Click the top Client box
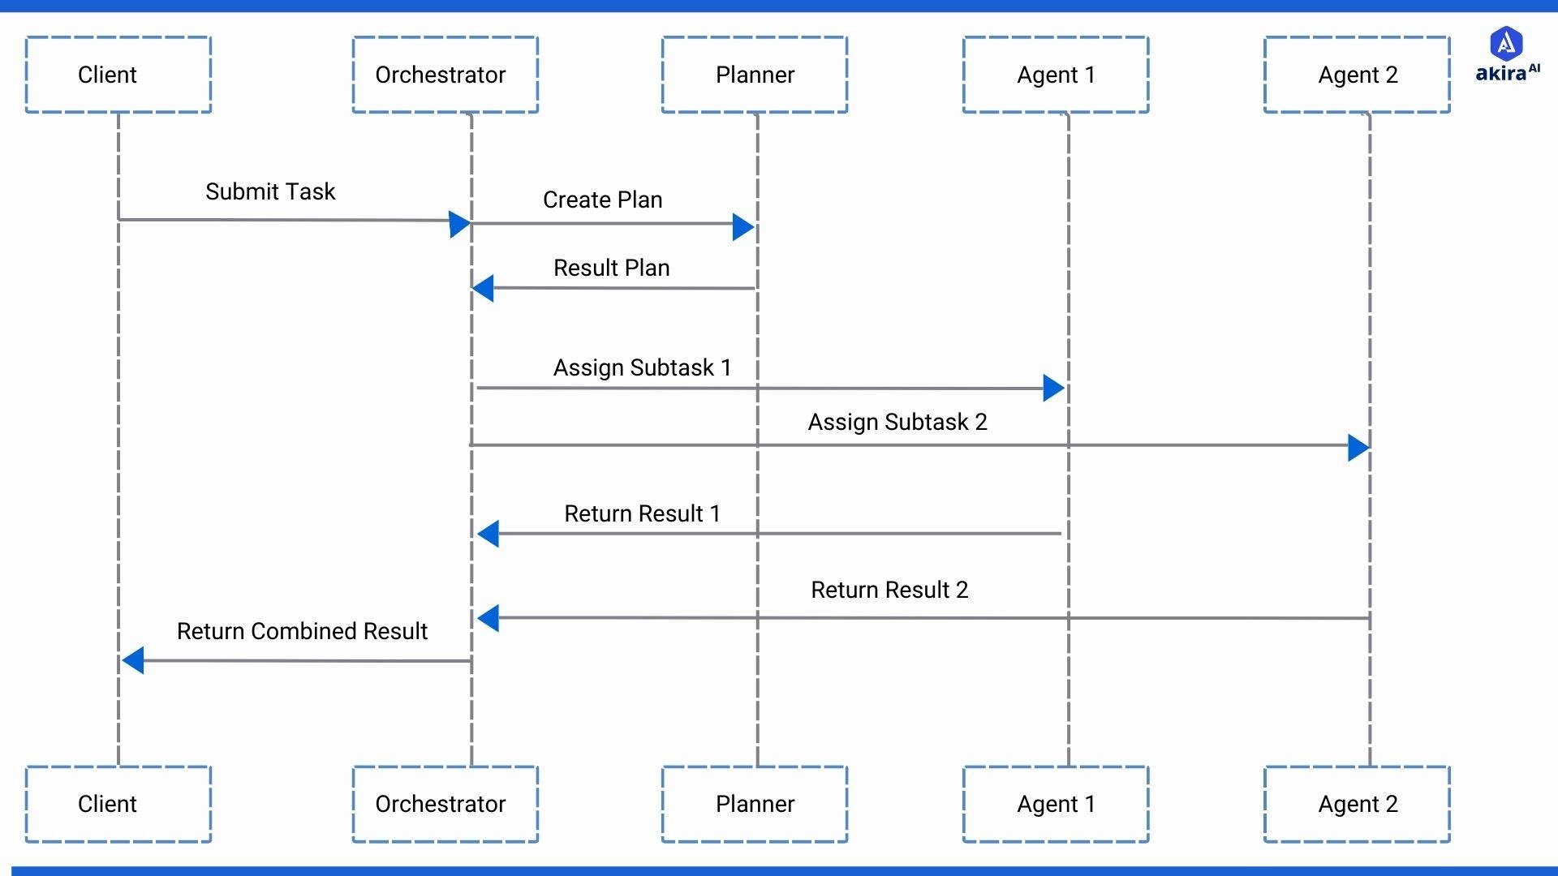(x=118, y=75)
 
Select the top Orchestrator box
(x=445, y=75)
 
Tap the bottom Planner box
(x=755, y=804)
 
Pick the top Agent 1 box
(x=1056, y=75)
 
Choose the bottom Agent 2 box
(x=1357, y=804)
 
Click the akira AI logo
(x=1507, y=54)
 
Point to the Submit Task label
(x=270, y=191)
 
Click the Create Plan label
(x=602, y=200)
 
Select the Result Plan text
(x=611, y=268)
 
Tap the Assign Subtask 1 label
(x=642, y=367)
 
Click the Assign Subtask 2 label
(x=897, y=422)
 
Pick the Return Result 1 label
(x=642, y=513)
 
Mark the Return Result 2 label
(x=889, y=590)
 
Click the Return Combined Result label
(x=302, y=631)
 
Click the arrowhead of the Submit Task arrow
(x=459, y=225)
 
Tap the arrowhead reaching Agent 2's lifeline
(x=1358, y=447)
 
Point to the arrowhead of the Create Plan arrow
(x=742, y=227)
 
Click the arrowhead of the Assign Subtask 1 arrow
(x=1052, y=388)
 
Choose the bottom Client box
(x=118, y=804)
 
